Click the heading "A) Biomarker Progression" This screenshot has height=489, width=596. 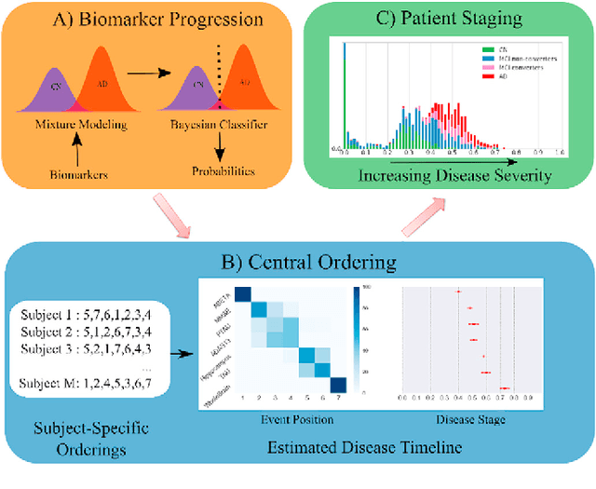[x=146, y=20]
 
